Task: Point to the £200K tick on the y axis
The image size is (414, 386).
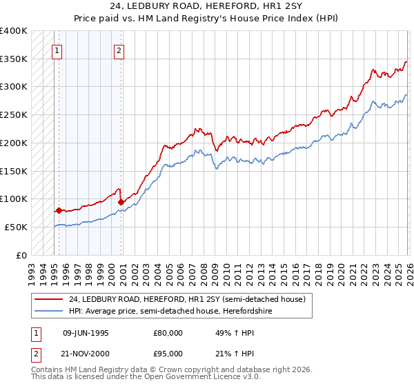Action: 14,143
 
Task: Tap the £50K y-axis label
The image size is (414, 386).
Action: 16,227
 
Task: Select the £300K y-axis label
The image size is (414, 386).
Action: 14,87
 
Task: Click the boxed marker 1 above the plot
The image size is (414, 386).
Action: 56,50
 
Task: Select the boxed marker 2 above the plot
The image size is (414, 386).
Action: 119,50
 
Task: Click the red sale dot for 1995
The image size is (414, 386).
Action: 59,210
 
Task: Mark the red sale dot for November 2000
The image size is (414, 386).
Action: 121,202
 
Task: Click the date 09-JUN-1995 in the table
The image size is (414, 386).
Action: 86,332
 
